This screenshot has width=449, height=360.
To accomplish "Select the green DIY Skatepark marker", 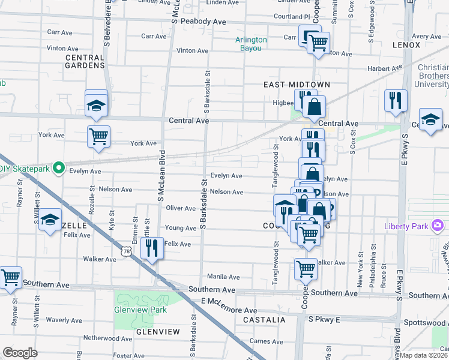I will coord(58,168).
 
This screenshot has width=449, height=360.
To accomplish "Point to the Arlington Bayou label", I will coord(251,44).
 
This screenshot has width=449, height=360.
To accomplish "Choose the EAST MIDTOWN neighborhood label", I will coord(297,85).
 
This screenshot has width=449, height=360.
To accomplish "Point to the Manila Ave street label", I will coord(223,277).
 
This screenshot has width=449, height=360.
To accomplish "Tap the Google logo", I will coord(20,352).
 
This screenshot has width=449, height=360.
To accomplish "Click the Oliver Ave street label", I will coord(181,208).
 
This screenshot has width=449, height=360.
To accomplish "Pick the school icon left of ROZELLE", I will coord(51,220).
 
